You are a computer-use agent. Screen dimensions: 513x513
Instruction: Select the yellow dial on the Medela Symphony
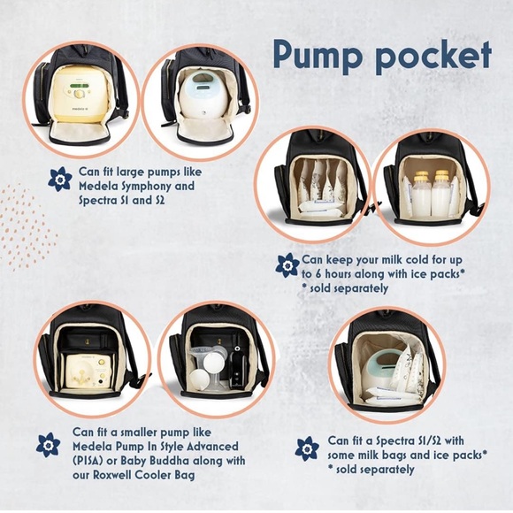(x=79, y=95)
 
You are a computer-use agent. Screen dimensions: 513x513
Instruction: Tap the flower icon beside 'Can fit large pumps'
(x=60, y=179)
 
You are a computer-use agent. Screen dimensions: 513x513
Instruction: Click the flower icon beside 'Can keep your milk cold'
(x=287, y=265)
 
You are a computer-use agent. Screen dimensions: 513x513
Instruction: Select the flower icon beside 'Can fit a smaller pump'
(x=48, y=445)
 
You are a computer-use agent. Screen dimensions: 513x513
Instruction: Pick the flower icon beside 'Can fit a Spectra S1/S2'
(x=307, y=448)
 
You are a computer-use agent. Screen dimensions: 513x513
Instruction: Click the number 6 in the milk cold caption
(x=317, y=274)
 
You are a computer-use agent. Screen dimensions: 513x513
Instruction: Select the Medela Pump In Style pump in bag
(x=88, y=371)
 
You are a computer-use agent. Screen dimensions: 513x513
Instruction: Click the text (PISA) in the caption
(x=88, y=461)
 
